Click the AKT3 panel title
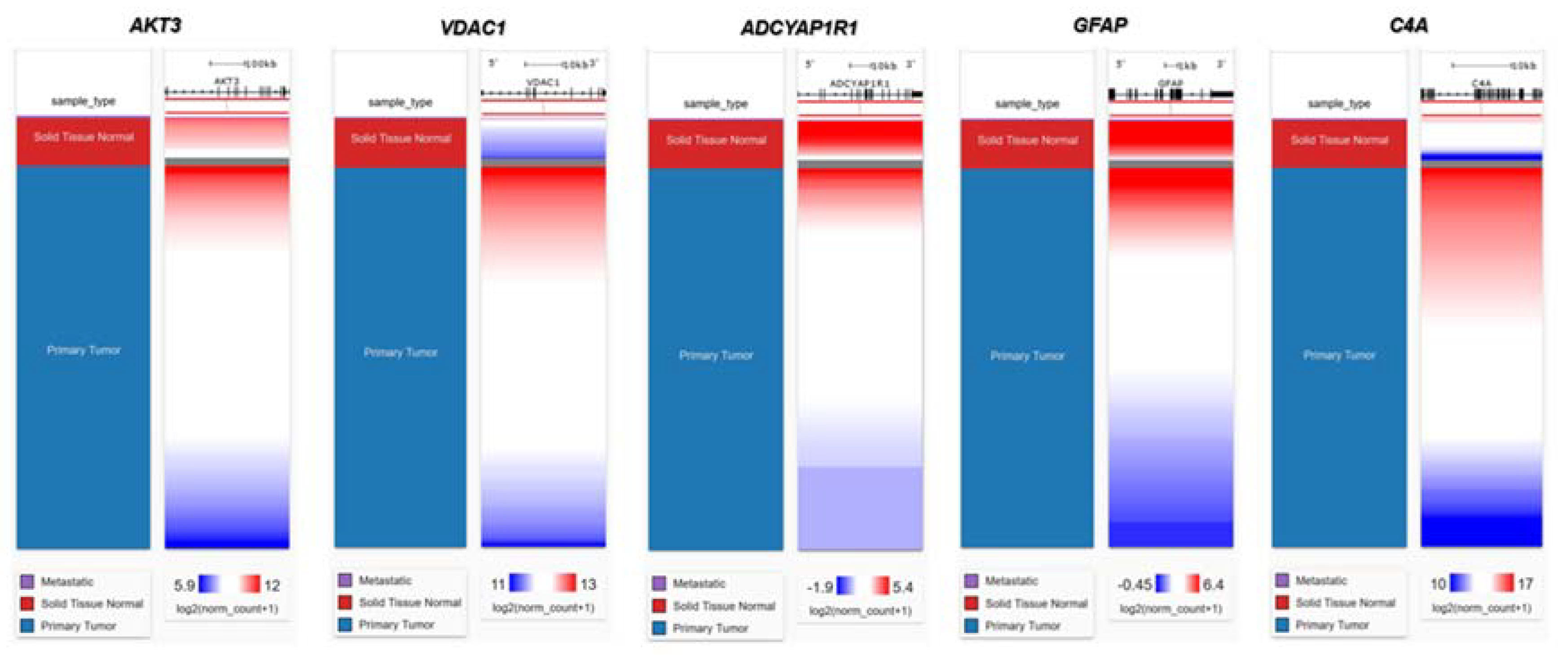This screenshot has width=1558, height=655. coord(155,26)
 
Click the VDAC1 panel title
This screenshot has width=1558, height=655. coord(472,28)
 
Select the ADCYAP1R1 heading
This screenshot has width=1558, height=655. coord(798,28)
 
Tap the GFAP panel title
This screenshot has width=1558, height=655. coord(1100,26)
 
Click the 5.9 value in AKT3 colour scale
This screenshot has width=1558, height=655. coord(185,585)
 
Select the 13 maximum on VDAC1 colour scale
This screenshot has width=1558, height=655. coord(588,584)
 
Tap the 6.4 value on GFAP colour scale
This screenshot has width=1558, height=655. coord(1213,585)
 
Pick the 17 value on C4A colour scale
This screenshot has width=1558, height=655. coord(1525,584)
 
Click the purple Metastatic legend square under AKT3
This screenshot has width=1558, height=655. coord(27,582)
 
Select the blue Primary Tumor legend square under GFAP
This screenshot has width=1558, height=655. coord(971,625)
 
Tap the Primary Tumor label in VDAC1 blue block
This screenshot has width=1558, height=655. coord(401,352)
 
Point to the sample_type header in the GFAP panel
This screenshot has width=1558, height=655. coord(1027,104)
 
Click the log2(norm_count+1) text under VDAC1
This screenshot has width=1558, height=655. coord(543,607)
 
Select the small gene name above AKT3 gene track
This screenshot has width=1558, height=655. coord(227,80)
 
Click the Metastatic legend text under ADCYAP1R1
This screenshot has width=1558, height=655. coord(699,584)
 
